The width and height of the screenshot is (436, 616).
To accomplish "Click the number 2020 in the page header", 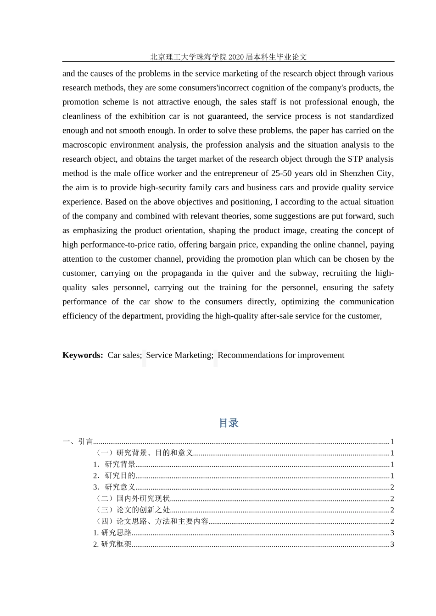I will coord(235,57).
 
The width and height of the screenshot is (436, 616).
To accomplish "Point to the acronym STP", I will coord(356,159).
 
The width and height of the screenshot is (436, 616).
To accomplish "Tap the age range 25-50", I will coord(280,173).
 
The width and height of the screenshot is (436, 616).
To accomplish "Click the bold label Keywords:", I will coord(83,355).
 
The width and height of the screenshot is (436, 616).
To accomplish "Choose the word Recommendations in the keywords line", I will coord(249,355).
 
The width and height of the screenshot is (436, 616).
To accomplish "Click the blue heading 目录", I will coord(229,423).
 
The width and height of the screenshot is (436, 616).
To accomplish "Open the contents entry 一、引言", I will coord(78,442).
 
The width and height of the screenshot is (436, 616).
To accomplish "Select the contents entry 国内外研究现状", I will coord(143,499).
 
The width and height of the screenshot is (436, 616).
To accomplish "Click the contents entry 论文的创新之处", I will coord(143,510).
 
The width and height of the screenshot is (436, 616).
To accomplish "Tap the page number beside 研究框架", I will coord(392,544).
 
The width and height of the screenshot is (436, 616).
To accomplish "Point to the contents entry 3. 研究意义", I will coord(114,487).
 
